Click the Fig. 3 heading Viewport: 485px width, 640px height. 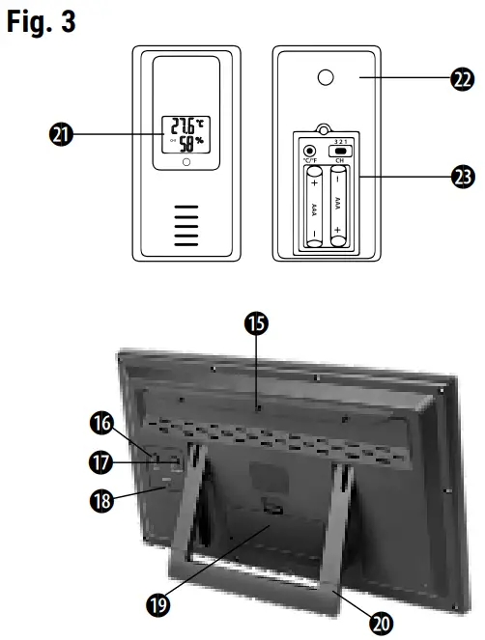41,22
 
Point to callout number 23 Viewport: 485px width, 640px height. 461,177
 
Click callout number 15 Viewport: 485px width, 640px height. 256,324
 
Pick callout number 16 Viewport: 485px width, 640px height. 101,422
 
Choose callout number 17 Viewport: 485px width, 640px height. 101,461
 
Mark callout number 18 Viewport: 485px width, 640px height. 101,500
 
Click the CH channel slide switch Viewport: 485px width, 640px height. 339,153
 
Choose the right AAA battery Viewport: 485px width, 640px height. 338,208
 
